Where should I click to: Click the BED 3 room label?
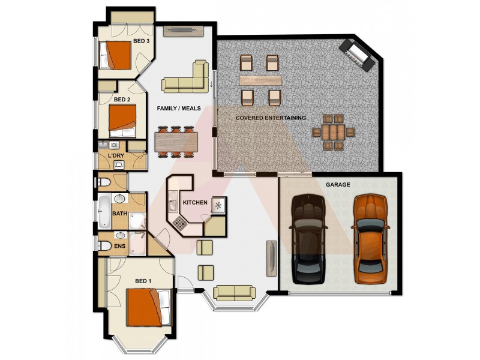[x=140, y=41]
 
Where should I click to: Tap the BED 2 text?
[x=122, y=100]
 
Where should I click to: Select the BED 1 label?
[x=142, y=281]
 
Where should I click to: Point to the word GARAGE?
[x=337, y=185]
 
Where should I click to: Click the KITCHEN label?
[x=195, y=203]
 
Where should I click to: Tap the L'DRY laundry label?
[x=116, y=157]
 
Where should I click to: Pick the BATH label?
[x=119, y=213]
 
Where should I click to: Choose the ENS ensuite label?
[x=119, y=245]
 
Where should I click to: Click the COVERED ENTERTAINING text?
[x=271, y=118]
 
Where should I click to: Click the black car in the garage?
[x=308, y=239]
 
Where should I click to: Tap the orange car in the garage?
[x=368, y=238]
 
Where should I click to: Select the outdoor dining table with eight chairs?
[x=334, y=132]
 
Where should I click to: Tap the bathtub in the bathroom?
[x=104, y=211]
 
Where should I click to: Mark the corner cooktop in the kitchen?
[x=180, y=224]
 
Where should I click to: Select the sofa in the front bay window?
[x=234, y=292]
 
